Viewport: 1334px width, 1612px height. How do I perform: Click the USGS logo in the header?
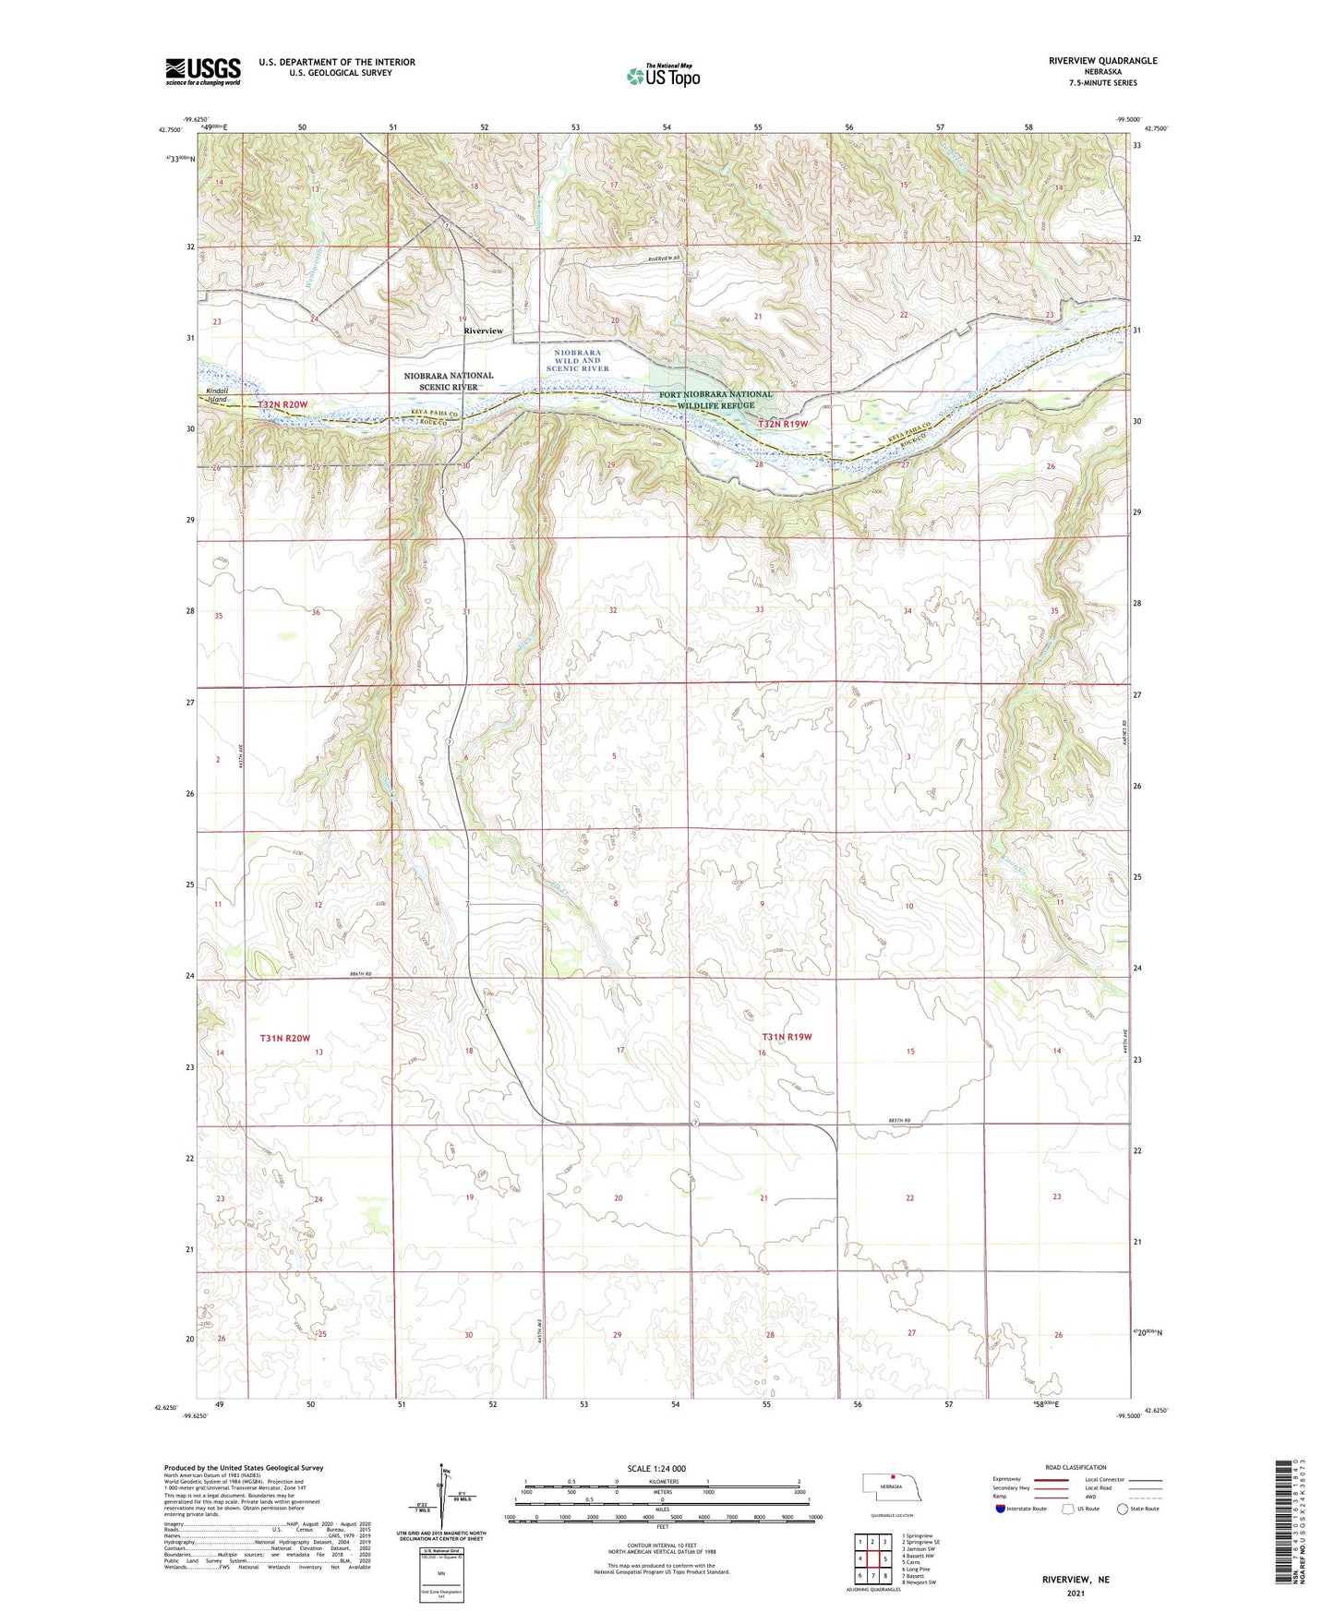203,71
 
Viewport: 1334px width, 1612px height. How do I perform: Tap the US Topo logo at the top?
663,76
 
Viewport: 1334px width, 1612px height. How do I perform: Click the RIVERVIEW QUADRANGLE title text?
1102,61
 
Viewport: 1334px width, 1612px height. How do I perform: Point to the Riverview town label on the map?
483,331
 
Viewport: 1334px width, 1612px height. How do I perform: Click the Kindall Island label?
217,395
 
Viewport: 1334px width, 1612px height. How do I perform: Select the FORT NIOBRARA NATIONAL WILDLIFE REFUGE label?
715,400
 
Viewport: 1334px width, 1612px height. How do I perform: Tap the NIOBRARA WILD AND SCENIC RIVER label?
578,360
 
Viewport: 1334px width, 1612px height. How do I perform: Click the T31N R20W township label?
284,1039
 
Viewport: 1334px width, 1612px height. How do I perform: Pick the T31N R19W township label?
787,1037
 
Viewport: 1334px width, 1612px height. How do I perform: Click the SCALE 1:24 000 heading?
656,1468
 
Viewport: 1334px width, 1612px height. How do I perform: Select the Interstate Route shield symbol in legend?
1001,1509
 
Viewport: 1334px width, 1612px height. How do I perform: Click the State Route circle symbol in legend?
1122,1509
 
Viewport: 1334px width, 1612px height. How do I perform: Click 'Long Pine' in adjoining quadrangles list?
919,1569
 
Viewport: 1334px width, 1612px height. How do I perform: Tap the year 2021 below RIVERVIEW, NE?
1076,1593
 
